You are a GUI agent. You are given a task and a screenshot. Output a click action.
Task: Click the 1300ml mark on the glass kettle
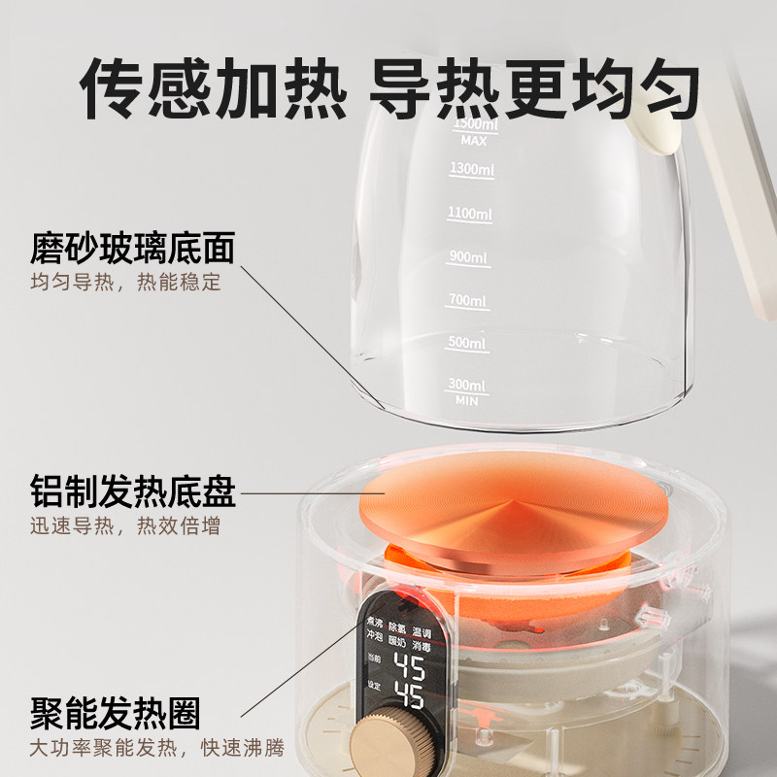[x=471, y=169]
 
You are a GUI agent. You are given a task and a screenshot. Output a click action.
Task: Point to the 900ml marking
[x=467, y=257]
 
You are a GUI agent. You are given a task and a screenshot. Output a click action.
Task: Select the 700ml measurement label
[x=467, y=301]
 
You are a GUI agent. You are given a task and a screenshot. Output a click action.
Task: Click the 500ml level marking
[x=467, y=344]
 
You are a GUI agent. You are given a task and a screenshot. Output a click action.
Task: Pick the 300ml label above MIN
[x=467, y=386]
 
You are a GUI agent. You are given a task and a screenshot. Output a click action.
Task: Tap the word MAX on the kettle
[x=474, y=141]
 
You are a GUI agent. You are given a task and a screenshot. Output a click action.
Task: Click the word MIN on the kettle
[x=467, y=400]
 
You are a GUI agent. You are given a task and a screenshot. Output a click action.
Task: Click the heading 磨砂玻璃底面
[x=133, y=250]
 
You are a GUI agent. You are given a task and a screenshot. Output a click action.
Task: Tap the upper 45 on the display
[x=413, y=669]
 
